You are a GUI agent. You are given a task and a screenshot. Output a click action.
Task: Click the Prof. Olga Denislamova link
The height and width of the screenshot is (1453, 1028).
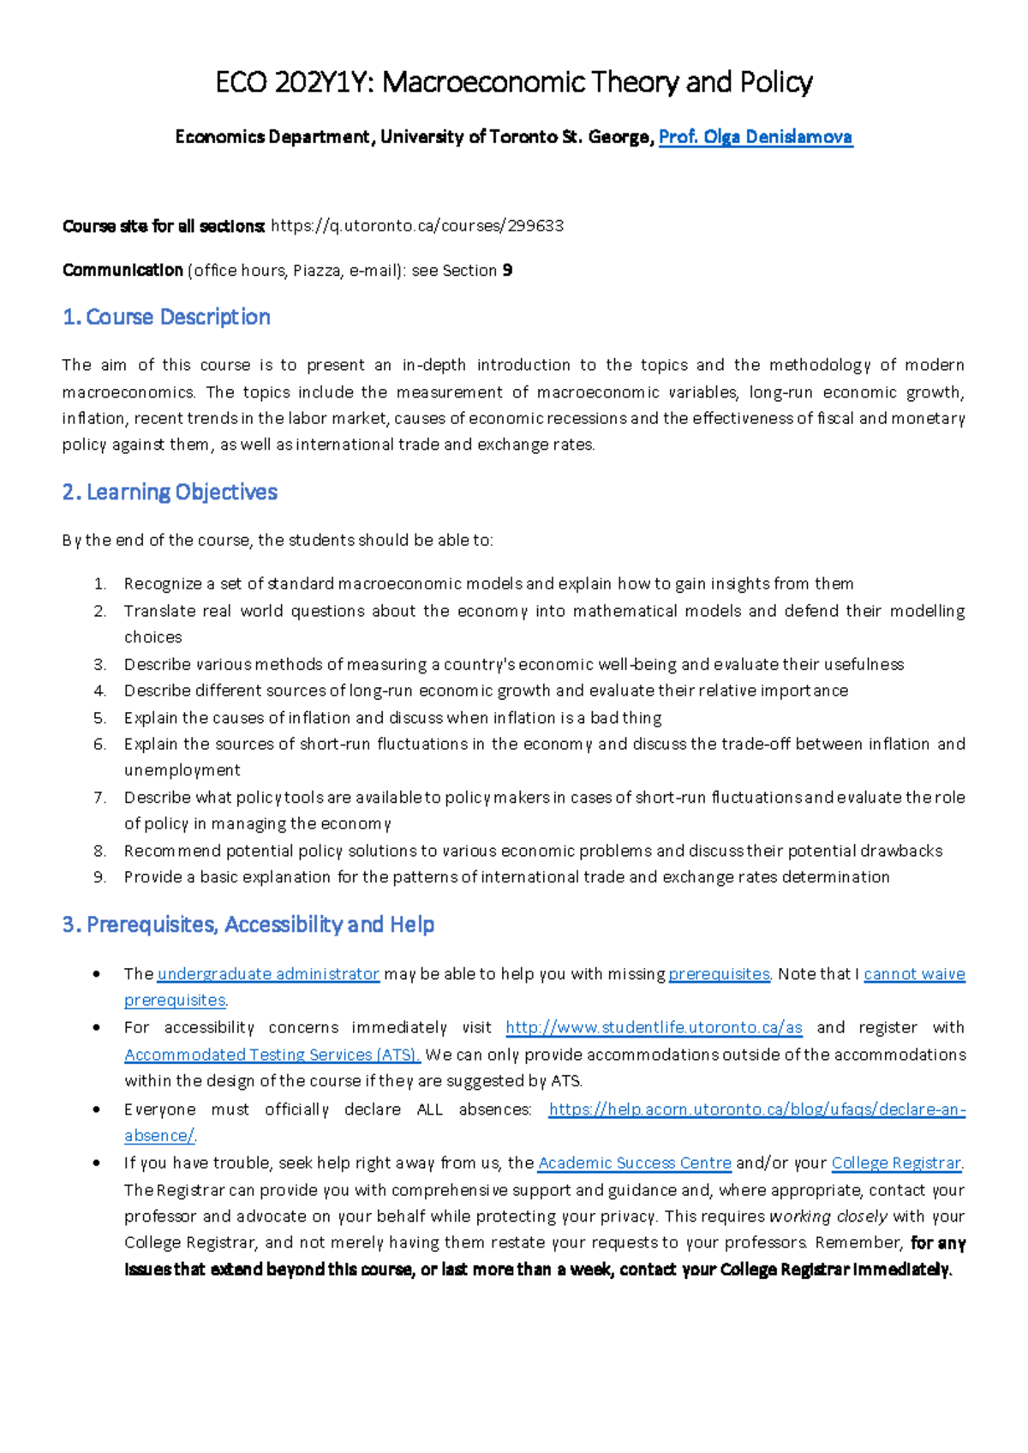coord(755,137)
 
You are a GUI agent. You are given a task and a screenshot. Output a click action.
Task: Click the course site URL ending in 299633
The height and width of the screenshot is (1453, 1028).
coord(417,226)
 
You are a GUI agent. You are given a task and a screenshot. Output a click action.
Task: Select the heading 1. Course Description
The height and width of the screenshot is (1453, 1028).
coord(166,317)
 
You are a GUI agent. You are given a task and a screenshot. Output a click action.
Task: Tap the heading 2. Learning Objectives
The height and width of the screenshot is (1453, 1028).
coord(170,492)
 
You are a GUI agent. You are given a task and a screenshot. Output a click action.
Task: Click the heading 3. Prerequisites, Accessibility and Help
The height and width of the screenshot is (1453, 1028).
coord(248,924)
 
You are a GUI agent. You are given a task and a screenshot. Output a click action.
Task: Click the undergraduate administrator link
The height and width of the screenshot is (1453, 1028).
coord(268,974)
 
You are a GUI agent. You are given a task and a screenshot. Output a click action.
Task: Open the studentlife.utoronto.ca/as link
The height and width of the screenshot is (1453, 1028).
coord(654,1027)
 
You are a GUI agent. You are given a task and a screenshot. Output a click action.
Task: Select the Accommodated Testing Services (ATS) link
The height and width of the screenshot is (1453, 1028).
coord(272,1055)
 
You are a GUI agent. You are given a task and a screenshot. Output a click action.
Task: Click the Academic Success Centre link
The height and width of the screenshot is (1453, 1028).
coord(634,1163)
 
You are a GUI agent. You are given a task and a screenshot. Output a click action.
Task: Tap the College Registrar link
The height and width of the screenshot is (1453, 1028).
coord(896,1163)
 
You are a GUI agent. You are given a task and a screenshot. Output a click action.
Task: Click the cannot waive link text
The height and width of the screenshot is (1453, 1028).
coord(914,974)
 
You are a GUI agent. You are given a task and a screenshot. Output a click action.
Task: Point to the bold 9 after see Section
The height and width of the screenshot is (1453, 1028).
coord(508,271)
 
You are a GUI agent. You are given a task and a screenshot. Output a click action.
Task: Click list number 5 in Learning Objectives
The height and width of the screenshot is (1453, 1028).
coord(99,718)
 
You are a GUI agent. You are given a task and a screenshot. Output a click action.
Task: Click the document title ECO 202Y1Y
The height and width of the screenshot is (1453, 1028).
coord(295,82)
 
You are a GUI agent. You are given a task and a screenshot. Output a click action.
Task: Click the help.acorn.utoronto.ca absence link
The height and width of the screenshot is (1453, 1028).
coord(756,1109)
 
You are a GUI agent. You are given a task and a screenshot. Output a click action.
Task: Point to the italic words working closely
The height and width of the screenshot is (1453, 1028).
coord(828,1217)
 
